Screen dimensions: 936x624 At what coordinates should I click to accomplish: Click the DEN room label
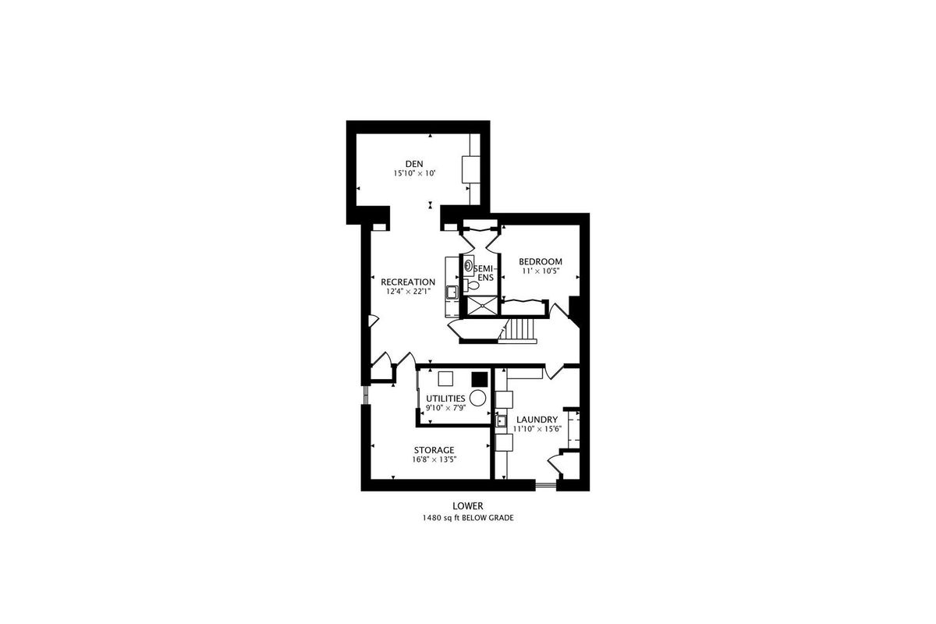point(414,164)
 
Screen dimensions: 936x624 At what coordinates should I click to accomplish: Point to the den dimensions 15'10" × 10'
point(414,173)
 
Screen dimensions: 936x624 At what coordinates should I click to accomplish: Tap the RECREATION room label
point(408,282)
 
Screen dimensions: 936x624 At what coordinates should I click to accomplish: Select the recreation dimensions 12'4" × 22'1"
point(408,292)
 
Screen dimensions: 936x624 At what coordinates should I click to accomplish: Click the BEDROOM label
point(541,261)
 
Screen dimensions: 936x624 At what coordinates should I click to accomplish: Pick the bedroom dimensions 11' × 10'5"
point(541,271)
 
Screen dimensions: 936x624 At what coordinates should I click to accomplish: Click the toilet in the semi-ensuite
point(471,286)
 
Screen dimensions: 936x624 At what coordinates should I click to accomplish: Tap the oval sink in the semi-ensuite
point(469,265)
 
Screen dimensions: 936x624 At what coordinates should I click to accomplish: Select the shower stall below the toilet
point(482,306)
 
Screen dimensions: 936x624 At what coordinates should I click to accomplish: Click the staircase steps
point(521,329)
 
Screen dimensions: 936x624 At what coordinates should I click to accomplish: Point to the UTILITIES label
point(445,399)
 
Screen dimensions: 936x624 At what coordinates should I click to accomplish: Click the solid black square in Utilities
point(480,379)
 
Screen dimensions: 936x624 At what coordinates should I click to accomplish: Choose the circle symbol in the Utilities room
point(477,398)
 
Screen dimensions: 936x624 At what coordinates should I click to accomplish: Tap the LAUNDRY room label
point(537,420)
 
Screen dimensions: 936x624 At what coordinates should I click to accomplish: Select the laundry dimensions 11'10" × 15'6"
point(537,429)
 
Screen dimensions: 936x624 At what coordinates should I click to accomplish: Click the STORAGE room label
point(434,450)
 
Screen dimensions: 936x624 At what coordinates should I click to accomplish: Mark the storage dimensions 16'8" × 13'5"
point(434,459)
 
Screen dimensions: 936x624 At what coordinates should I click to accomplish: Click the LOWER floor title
point(468,506)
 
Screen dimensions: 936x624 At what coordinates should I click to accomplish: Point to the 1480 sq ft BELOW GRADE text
point(468,518)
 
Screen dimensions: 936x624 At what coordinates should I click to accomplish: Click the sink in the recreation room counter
point(452,292)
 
